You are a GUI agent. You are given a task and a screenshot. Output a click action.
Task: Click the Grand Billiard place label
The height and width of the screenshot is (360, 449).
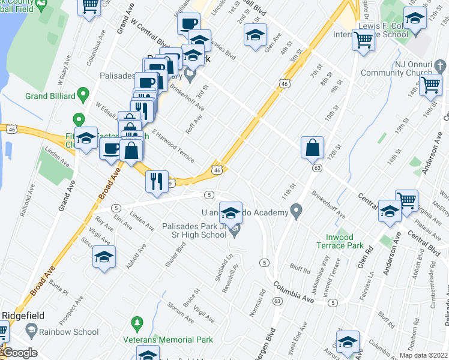50,96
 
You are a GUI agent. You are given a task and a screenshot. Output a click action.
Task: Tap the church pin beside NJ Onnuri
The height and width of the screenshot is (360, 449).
439,65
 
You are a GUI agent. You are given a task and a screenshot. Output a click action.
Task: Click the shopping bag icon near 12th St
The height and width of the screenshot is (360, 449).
313,148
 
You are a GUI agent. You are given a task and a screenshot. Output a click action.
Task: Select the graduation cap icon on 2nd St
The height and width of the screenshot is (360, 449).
255,35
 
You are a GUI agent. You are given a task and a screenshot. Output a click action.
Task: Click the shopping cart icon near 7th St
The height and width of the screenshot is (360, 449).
363,40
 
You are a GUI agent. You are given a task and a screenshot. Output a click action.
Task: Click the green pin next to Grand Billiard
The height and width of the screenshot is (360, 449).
83,95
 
